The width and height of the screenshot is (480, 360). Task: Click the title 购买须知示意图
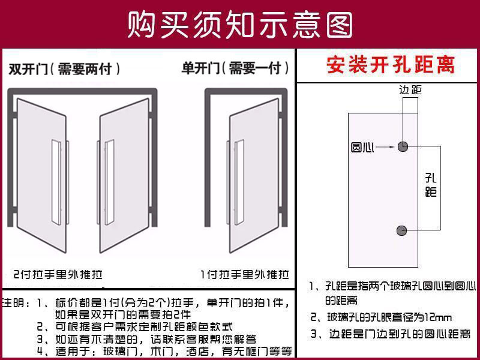tap(240, 24)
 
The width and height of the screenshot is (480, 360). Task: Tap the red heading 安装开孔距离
tap(390, 64)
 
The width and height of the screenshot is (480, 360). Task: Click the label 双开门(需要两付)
tap(65, 69)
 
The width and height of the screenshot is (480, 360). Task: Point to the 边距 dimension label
tap(410, 90)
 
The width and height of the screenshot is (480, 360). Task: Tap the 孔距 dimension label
tap(430, 185)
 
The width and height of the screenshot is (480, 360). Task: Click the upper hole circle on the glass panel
tap(403, 146)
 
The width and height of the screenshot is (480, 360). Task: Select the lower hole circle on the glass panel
tap(403, 230)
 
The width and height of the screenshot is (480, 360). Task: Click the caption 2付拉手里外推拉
tap(58, 275)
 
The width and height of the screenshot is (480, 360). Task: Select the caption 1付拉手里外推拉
tap(245, 275)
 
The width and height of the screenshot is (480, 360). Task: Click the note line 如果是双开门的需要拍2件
tap(122, 314)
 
